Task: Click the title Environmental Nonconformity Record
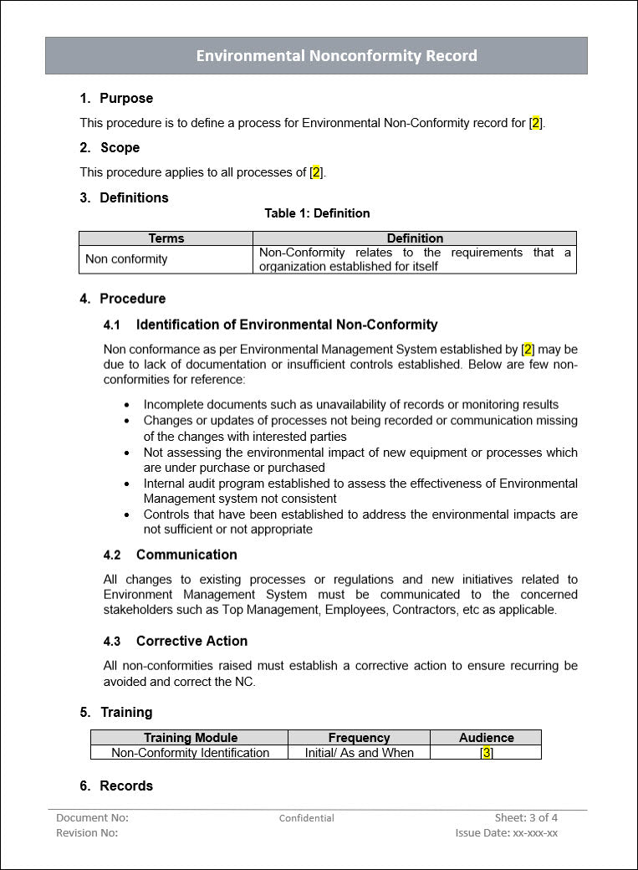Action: (336, 56)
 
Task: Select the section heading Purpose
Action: (126, 98)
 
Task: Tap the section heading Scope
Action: (120, 147)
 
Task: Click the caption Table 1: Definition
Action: (317, 213)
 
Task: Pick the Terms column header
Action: (166, 238)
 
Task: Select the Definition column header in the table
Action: (415, 238)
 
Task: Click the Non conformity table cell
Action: (126, 259)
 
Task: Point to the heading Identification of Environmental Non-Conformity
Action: (287, 325)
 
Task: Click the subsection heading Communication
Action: (186, 555)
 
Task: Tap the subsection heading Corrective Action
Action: (191, 641)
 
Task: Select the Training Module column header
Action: (191, 738)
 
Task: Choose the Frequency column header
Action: (359, 738)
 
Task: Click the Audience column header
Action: (486, 738)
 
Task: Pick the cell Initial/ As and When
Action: (359, 752)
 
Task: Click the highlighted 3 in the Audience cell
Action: (486, 752)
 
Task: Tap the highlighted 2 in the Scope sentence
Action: (315, 172)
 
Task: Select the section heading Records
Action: (126, 786)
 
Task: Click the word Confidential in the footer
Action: (306, 818)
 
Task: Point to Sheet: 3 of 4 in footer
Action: (526, 817)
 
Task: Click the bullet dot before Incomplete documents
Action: (127, 405)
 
